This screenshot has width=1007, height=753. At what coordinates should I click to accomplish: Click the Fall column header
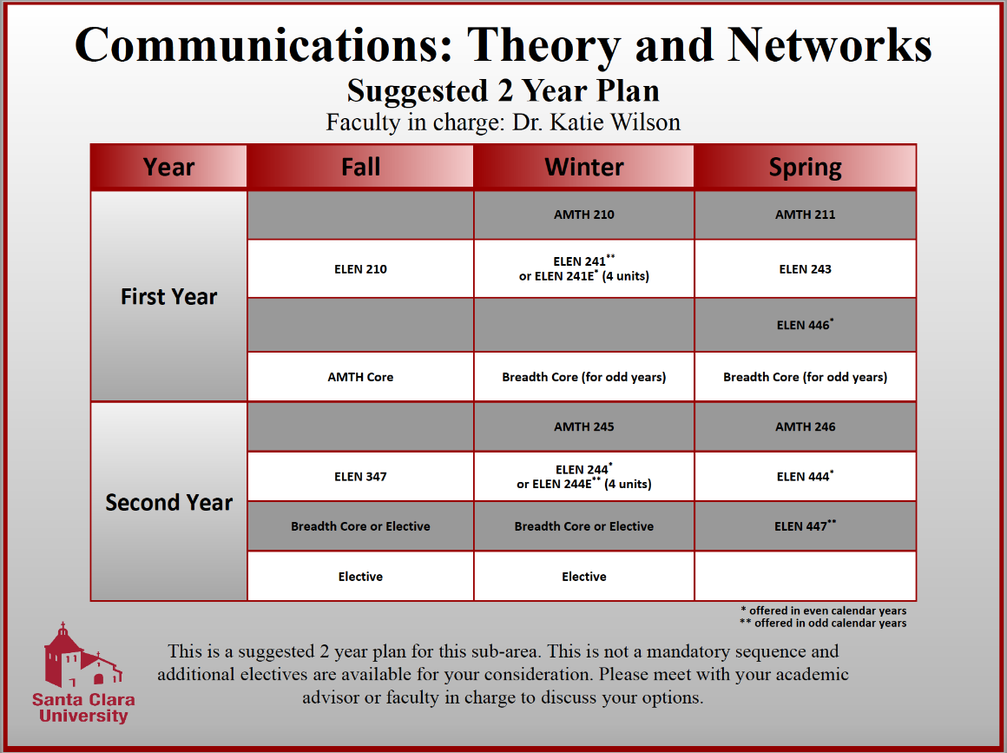(x=360, y=167)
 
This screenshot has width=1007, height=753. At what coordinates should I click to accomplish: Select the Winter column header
(x=583, y=167)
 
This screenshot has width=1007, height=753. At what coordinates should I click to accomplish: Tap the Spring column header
(x=805, y=167)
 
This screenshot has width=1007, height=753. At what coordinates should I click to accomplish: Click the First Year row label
(x=168, y=296)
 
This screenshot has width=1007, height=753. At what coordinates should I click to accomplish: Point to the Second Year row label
(x=168, y=502)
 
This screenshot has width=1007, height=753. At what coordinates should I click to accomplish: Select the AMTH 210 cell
(x=583, y=215)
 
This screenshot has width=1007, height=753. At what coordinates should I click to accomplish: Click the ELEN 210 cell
(x=360, y=269)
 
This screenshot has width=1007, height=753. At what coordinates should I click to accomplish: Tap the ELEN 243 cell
(x=805, y=269)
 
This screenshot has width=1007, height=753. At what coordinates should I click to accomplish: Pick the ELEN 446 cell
(x=805, y=326)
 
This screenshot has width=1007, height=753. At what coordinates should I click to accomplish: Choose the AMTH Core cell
(x=360, y=377)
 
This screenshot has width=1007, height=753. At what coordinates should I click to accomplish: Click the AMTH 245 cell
(x=583, y=426)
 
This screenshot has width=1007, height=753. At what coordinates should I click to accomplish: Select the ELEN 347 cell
(x=360, y=477)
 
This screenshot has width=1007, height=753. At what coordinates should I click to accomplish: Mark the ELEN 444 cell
(x=805, y=477)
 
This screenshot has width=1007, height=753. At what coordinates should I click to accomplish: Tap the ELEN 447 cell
(x=805, y=526)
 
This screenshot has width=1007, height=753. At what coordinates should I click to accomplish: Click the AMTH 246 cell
(x=805, y=426)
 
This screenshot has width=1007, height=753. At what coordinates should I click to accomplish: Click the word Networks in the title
(x=830, y=44)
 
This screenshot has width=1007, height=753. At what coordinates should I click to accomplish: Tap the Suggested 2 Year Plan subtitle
(x=503, y=90)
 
